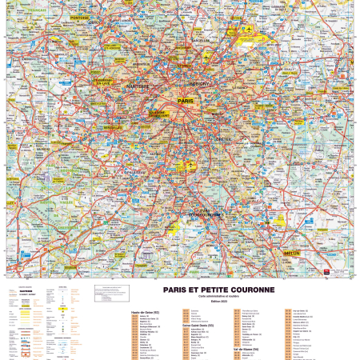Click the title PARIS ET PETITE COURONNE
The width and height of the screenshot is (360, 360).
click(219, 290)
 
